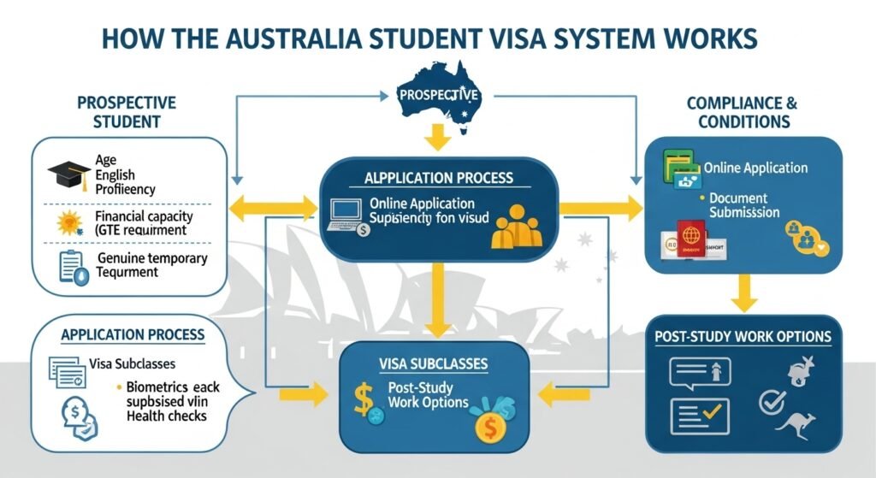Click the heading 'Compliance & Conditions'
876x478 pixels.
(x=742, y=112)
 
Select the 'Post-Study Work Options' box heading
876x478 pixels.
(x=743, y=337)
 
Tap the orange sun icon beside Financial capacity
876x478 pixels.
(x=66, y=221)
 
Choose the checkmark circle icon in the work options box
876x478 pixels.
(x=773, y=400)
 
